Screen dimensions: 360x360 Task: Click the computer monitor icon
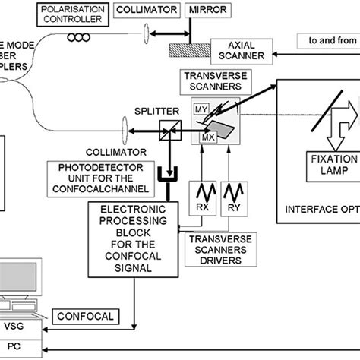19,286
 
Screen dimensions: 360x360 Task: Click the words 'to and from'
329,37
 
